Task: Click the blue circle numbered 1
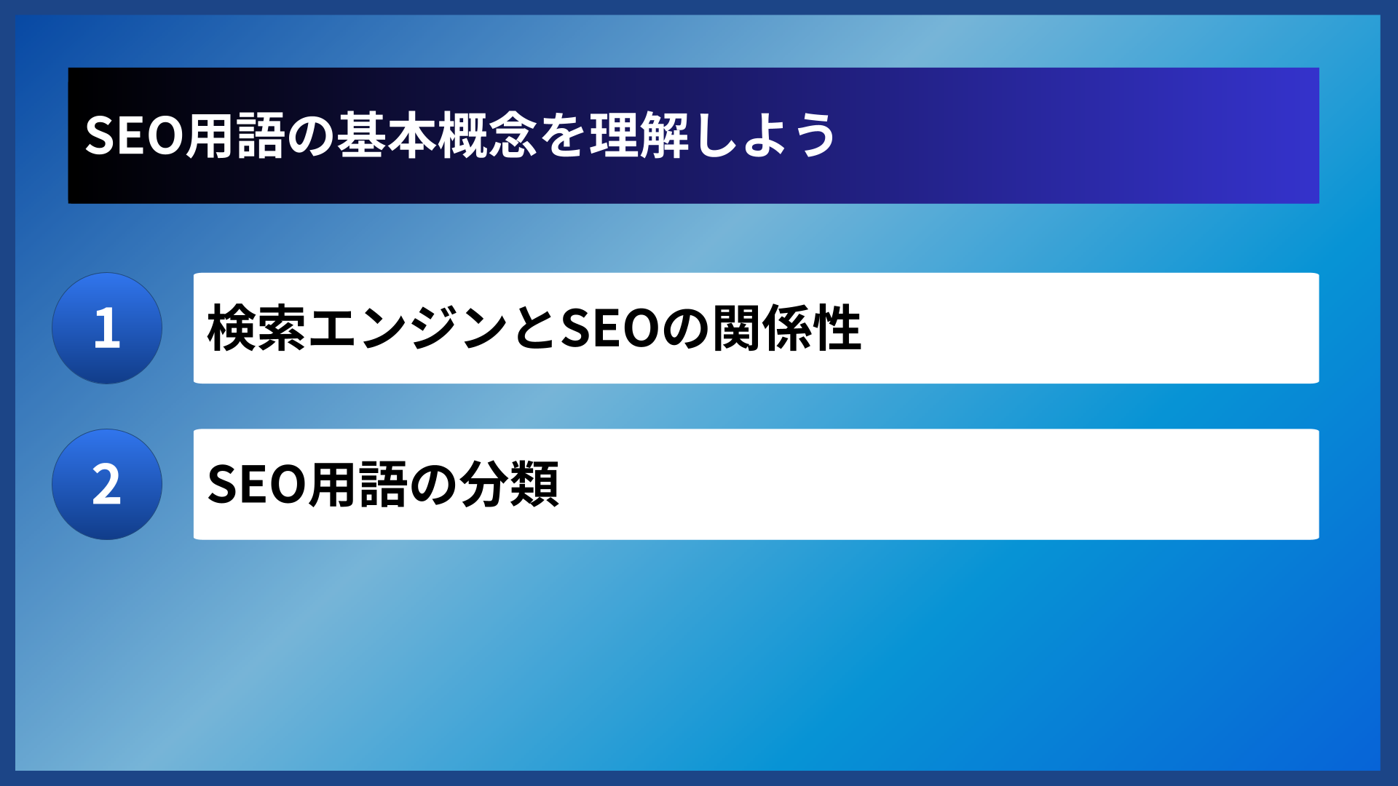(107, 328)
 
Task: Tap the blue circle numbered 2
(107, 485)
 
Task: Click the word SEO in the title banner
(134, 136)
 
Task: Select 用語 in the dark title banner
(234, 136)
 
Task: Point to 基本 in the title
(387, 136)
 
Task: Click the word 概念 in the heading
(487, 136)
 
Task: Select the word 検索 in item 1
(257, 329)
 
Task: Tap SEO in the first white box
(610, 329)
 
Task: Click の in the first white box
(685, 329)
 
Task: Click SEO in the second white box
(256, 485)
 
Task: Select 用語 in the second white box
(357, 485)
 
